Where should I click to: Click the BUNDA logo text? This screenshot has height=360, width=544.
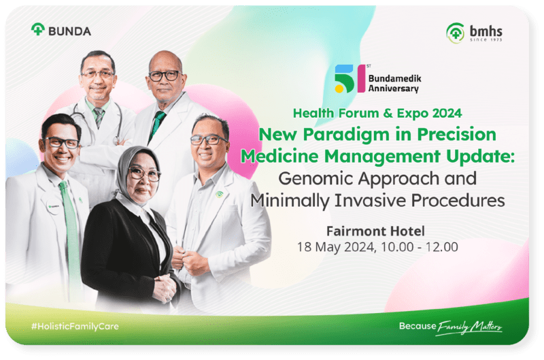pos(70,31)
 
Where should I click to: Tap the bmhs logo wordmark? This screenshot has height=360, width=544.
pos(486,31)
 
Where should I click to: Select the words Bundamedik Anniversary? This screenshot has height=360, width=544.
pos(395,83)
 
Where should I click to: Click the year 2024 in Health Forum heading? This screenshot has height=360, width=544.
pos(447,113)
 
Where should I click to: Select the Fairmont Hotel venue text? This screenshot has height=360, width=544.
pos(375,231)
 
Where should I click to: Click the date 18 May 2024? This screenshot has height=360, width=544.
pos(336,247)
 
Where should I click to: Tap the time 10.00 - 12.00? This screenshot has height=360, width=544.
pos(420,247)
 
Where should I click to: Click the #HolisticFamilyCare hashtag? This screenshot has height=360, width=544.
pos(75,327)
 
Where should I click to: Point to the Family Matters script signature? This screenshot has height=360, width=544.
pos(469,327)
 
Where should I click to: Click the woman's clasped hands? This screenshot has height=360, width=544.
pos(165,288)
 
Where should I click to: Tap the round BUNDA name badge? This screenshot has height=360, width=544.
pos(54,207)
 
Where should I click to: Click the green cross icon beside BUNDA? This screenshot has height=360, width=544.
pos(38,29)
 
